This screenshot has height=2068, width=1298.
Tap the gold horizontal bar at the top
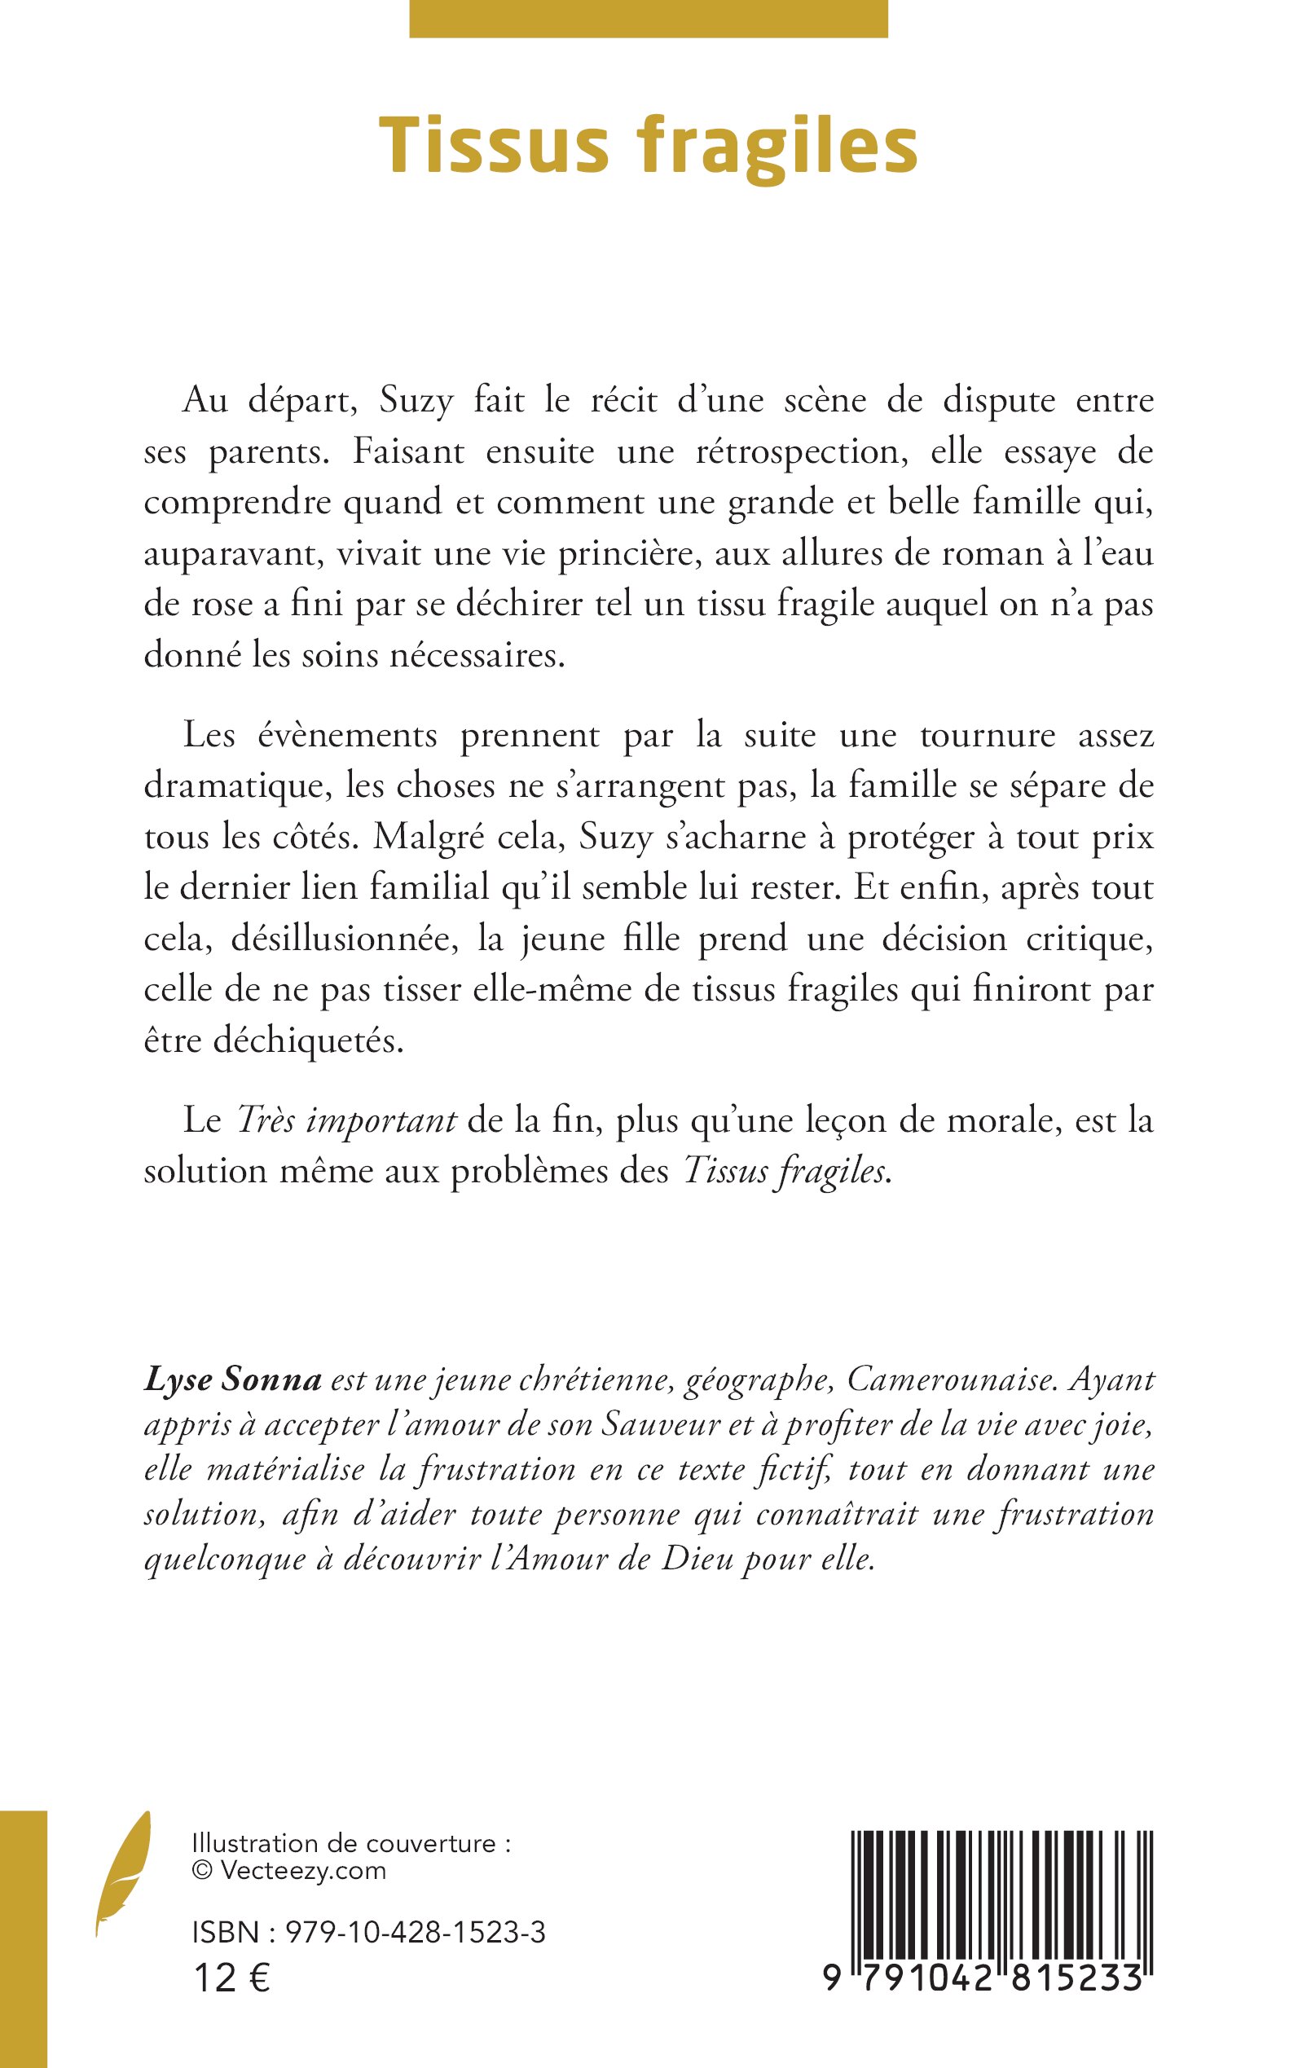pos(648,19)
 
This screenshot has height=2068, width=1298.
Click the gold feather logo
pos(123,1885)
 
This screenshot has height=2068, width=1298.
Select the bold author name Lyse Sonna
pos(233,1379)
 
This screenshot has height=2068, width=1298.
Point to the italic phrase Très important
pos(345,1120)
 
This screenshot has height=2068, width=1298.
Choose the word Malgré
pos(427,838)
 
